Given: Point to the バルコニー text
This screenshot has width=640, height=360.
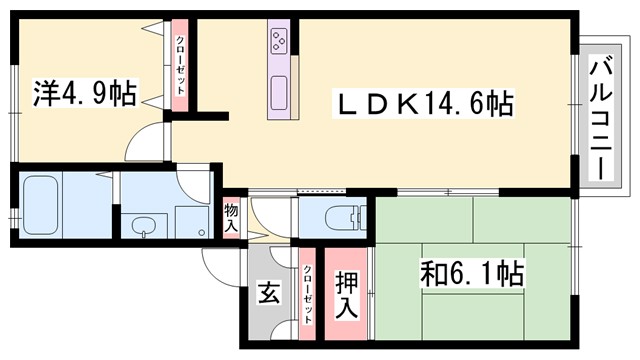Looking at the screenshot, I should [601, 119].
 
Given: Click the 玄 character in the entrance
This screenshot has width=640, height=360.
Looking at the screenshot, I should [269, 294].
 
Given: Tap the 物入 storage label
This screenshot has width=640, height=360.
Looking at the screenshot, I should [231, 217].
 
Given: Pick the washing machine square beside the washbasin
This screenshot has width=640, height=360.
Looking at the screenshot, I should [190, 220].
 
